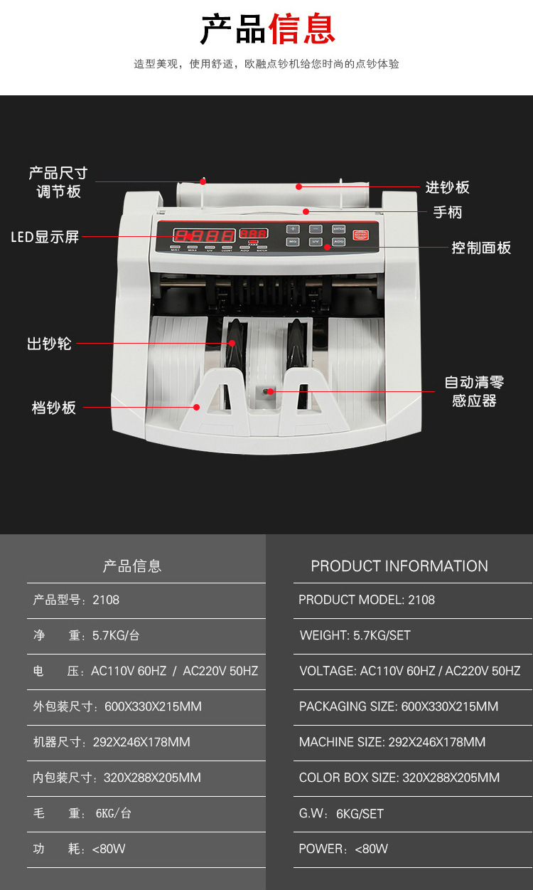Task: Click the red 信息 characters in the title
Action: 301,28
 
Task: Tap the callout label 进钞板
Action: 447,187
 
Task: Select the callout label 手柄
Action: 448,212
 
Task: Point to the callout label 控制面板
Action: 481,248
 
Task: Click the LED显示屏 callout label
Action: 45,237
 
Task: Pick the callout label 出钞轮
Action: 50,344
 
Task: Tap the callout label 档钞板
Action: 54,408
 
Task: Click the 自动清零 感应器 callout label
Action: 474,391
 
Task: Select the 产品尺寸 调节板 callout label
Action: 58,182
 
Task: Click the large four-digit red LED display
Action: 205,235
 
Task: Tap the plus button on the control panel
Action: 293,229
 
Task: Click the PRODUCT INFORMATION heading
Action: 399,566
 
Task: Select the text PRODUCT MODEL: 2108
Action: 367,600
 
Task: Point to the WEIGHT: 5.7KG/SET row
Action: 355,635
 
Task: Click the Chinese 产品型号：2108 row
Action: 76,600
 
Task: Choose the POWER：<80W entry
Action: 344,849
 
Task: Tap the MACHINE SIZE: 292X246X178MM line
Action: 392,742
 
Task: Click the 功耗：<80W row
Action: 79,849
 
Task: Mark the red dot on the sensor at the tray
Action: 270,391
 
